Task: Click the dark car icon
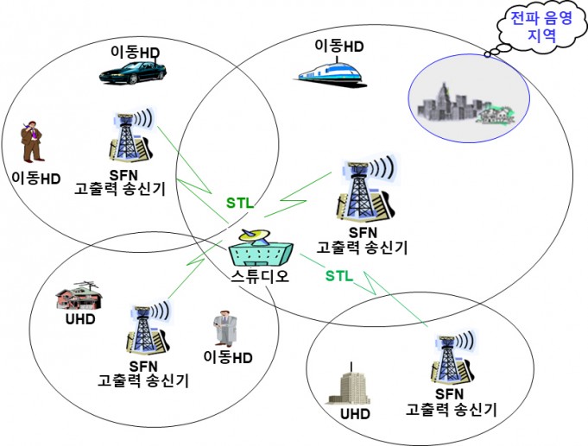(x=133, y=72)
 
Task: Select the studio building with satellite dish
(x=261, y=248)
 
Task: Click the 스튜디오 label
(x=260, y=276)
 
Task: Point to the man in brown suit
(x=31, y=141)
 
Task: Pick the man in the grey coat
(x=225, y=329)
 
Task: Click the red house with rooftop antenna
(x=79, y=295)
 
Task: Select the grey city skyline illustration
(x=466, y=104)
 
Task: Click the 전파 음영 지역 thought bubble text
(x=541, y=26)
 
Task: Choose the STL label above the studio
(x=240, y=203)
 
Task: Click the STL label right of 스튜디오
(x=339, y=276)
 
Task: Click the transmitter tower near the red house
(x=149, y=328)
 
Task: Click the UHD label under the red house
(x=80, y=319)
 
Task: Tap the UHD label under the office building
(x=355, y=414)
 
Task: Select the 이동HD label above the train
(x=339, y=46)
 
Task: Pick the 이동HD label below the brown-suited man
(x=36, y=178)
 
